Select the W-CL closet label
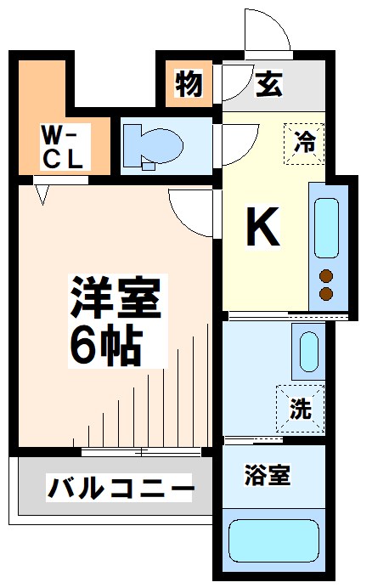(x=62, y=146)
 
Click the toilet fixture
(x=153, y=144)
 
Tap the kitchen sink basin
(x=328, y=228)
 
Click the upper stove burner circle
(x=325, y=276)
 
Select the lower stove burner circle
(x=325, y=294)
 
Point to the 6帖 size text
(x=105, y=343)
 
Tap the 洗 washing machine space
(x=300, y=409)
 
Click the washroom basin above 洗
(x=308, y=350)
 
